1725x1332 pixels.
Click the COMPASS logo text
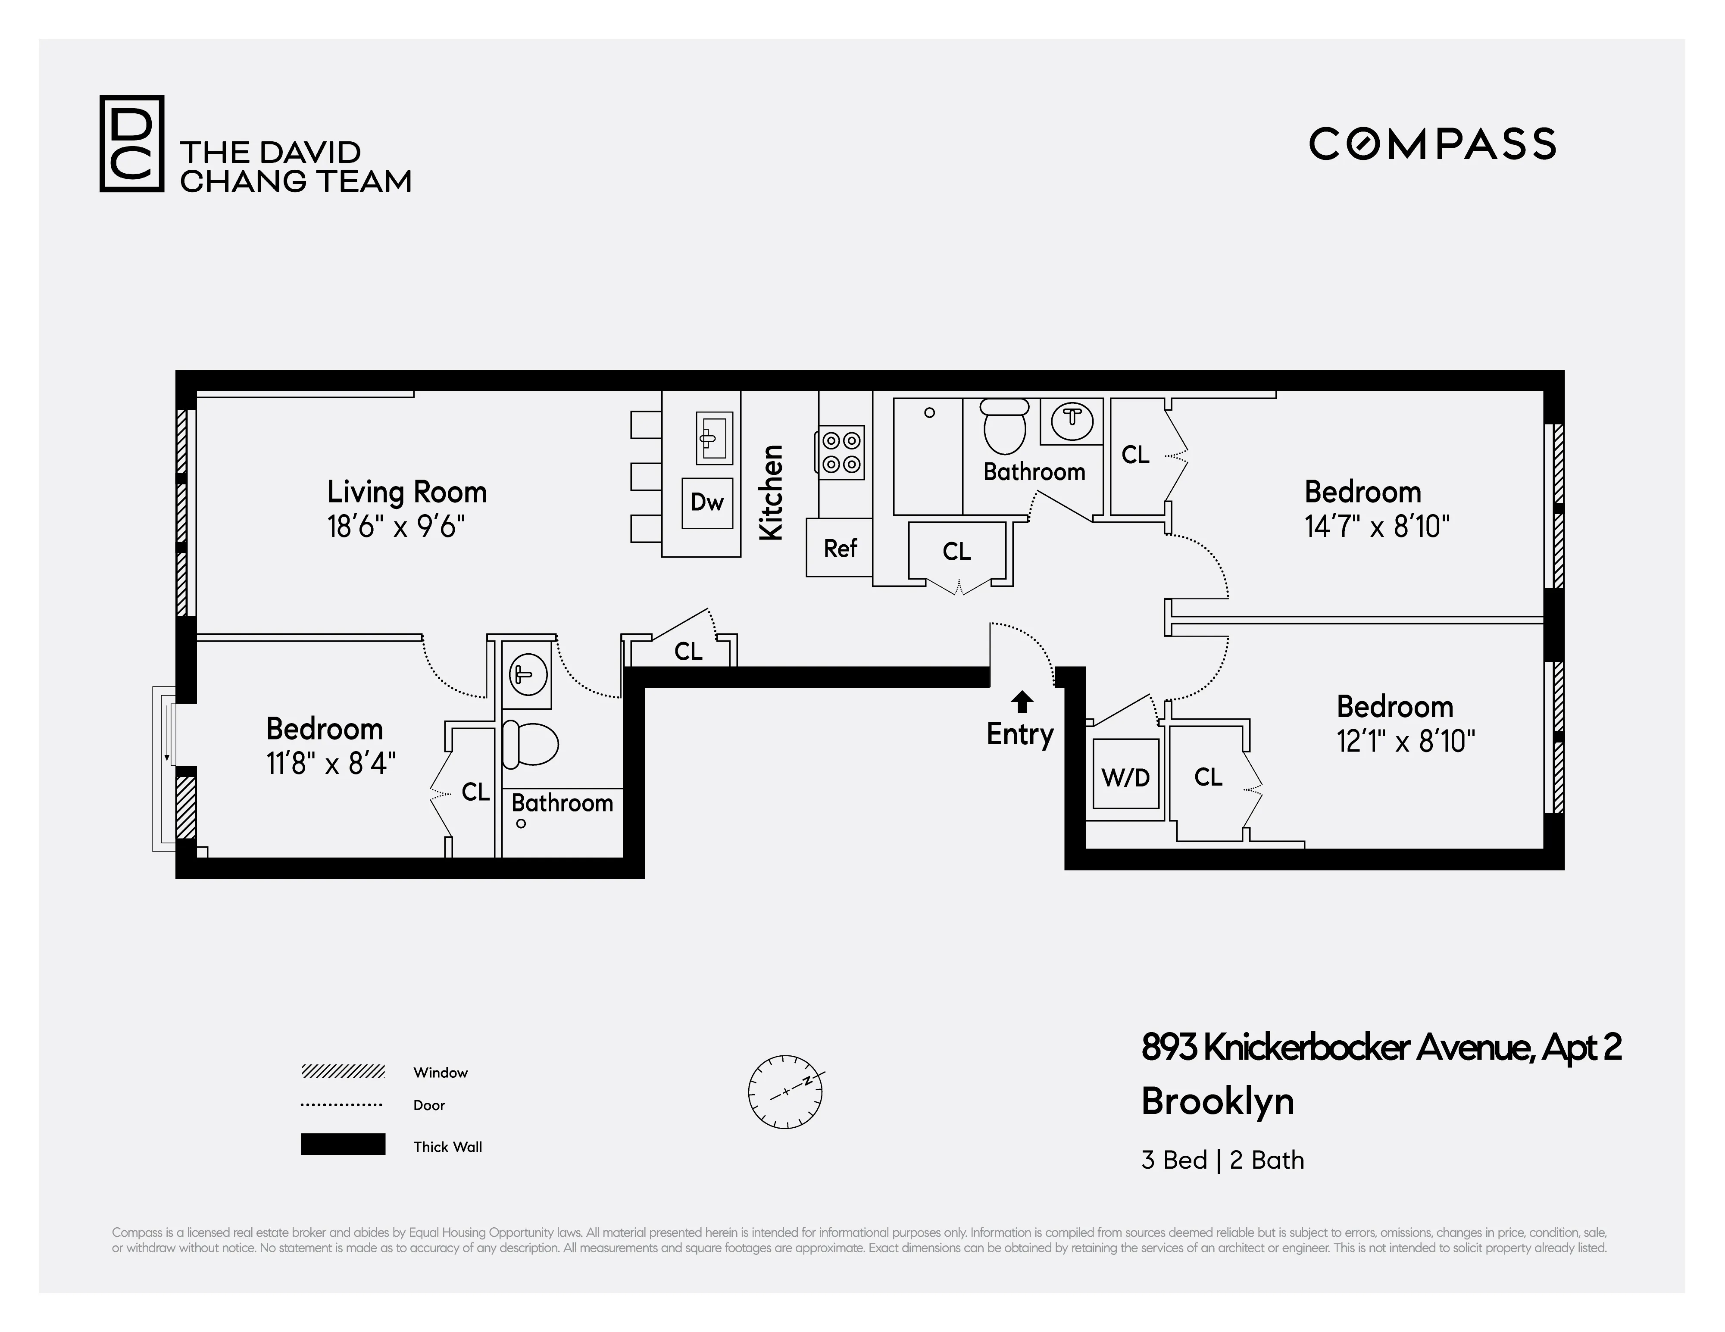[1432, 143]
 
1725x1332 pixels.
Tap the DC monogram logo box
[131, 143]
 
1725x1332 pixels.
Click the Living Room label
[407, 492]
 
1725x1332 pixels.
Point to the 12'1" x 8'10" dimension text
[1405, 741]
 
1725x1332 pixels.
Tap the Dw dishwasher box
[707, 502]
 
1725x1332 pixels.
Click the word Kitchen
[771, 493]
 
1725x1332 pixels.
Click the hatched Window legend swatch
[343, 1071]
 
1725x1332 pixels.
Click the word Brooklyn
[1217, 1101]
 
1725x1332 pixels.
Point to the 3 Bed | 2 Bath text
[1222, 1160]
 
